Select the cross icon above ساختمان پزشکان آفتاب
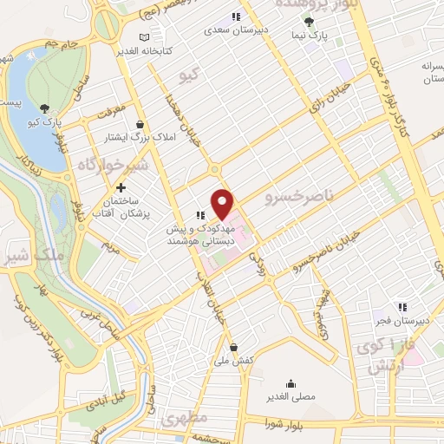pos(121,187)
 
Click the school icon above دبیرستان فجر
pos(401,306)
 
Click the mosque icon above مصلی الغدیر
pos(290,382)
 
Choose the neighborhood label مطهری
pos(184,419)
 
